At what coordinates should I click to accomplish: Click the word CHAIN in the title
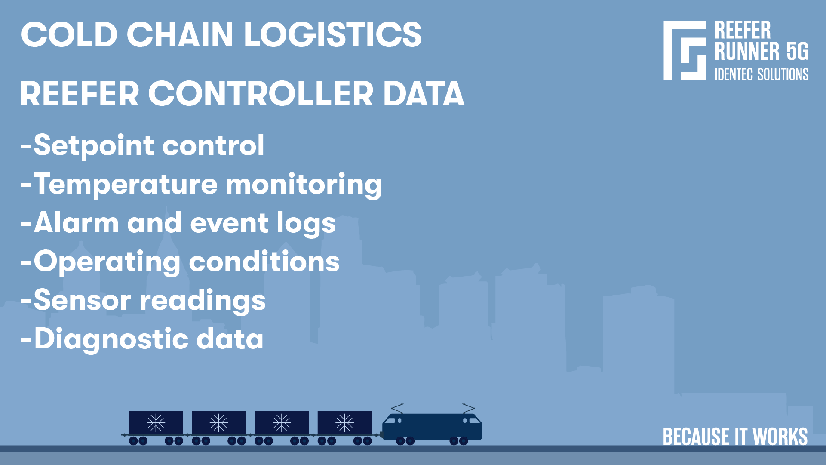(x=179, y=34)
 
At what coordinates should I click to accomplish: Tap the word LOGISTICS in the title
(x=332, y=34)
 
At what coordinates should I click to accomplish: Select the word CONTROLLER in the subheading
(x=261, y=94)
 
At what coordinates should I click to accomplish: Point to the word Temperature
(x=126, y=184)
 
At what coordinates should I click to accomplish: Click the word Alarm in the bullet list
(x=76, y=223)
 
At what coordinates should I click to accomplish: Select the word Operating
(x=107, y=262)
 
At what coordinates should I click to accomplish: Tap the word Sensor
(x=82, y=300)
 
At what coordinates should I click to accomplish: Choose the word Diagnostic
(x=111, y=339)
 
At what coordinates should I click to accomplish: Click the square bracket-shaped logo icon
(x=685, y=50)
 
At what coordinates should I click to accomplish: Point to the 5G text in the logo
(x=797, y=52)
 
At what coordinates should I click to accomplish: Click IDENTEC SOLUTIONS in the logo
(x=761, y=74)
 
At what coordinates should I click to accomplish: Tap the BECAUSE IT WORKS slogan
(x=735, y=437)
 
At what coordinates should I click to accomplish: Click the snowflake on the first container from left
(x=156, y=423)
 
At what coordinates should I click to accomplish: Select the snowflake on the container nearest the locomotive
(x=344, y=423)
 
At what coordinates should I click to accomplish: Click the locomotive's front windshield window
(x=474, y=420)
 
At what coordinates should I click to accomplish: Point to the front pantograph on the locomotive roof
(x=468, y=408)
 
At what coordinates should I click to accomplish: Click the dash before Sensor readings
(x=26, y=301)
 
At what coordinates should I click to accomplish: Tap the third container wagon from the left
(x=282, y=423)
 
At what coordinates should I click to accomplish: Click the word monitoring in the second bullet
(x=304, y=184)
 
